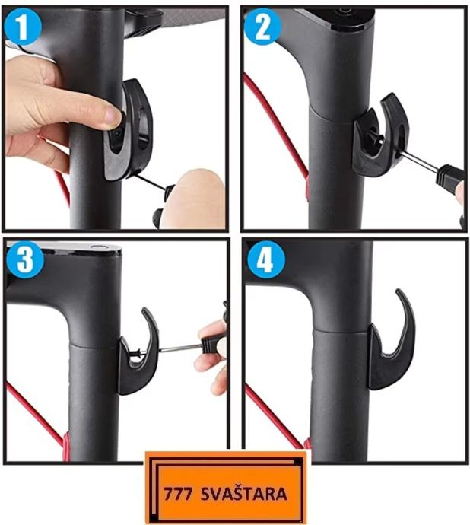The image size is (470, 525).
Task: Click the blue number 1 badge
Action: tap(23, 27)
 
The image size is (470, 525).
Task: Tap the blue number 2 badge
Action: tap(262, 27)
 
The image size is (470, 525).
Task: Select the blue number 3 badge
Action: tap(25, 260)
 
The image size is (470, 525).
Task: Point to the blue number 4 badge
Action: tap(265, 260)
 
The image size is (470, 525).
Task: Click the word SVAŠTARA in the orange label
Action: tap(243, 495)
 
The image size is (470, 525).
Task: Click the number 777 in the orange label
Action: tap(178, 495)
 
